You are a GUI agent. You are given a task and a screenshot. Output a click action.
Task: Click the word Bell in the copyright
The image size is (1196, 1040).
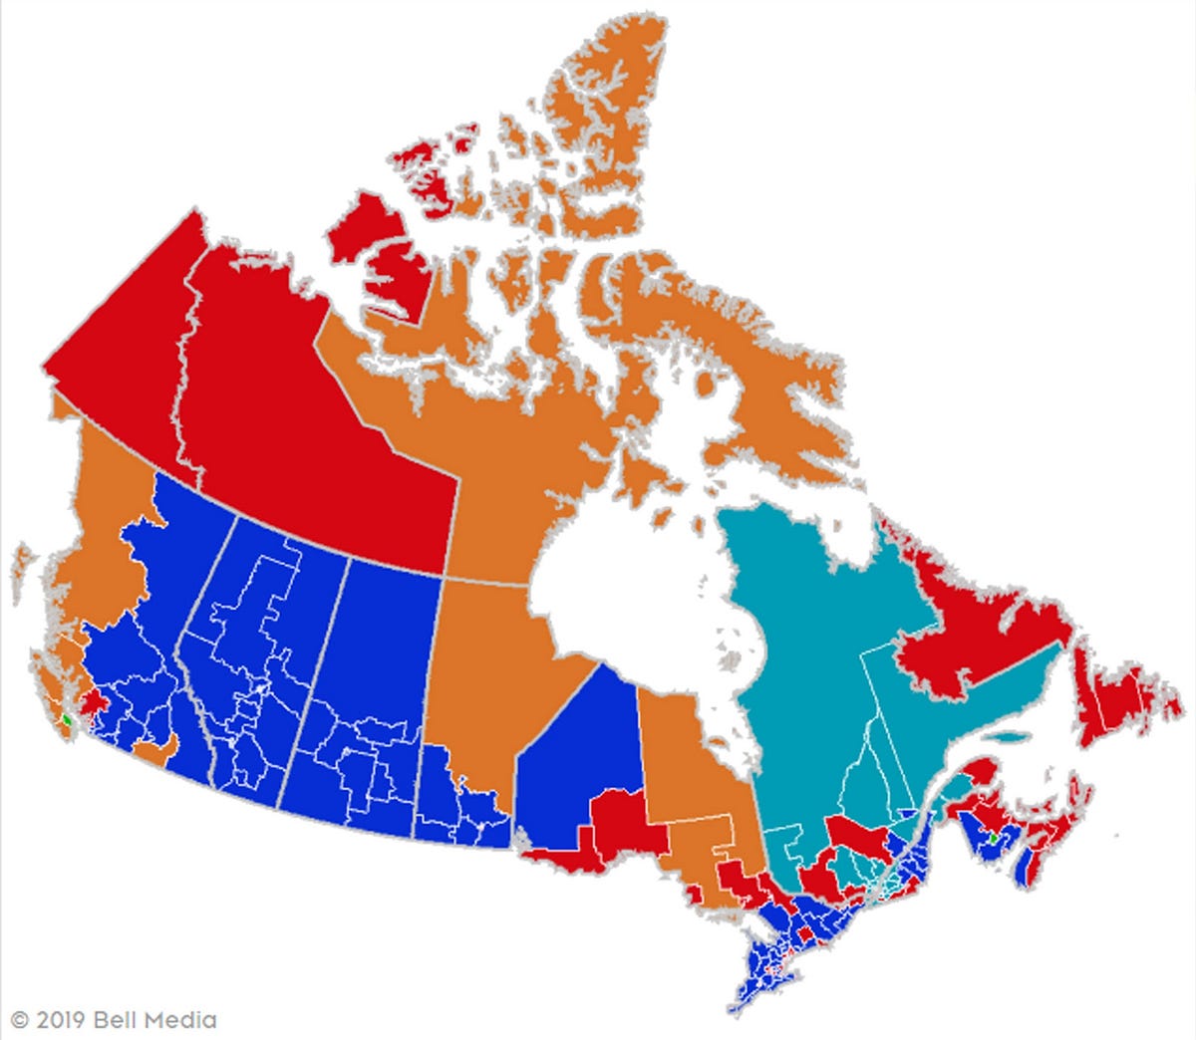[117, 1020]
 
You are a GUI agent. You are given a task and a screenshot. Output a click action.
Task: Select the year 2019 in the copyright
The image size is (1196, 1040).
[61, 1020]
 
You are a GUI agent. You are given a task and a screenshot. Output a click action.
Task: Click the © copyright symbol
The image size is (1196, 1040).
[20, 1020]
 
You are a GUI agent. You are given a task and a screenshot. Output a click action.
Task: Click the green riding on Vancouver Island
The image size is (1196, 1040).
[66, 717]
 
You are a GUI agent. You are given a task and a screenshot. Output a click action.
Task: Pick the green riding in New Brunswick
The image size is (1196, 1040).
[993, 840]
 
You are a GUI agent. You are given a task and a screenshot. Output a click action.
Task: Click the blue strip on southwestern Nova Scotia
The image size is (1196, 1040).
[1024, 867]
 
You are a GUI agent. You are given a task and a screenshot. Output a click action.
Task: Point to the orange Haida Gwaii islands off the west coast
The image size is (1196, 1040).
[22, 573]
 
